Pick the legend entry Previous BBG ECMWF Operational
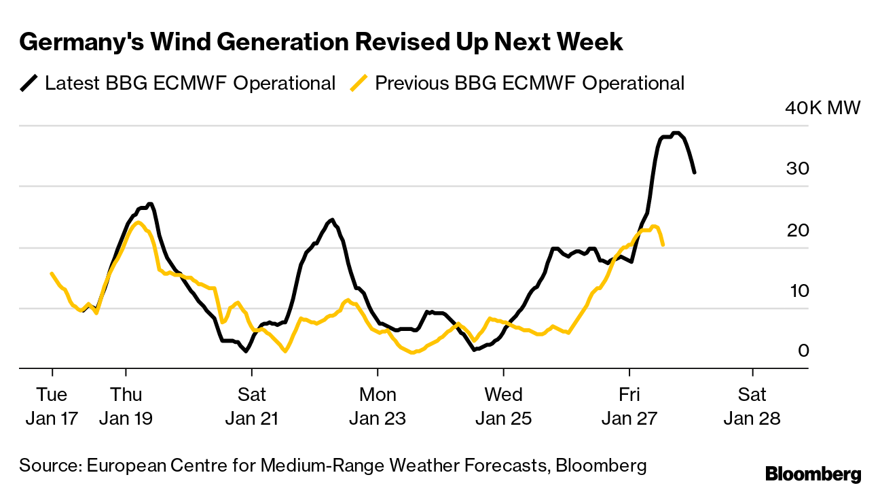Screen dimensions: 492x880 pos(530,84)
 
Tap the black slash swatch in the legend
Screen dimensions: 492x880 pos(29,84)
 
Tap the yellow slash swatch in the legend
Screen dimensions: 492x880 pos(359,84)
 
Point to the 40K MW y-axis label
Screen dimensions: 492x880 pos(822,108)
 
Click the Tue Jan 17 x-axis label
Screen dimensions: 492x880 pos(52,406)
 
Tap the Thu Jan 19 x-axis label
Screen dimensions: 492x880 pos(126,406)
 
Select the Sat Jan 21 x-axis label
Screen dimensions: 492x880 pos(252,406)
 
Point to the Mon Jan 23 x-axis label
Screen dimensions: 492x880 pos(378,406)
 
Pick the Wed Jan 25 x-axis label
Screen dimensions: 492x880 pos(504,406)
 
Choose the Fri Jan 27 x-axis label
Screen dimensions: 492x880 pos(629,406)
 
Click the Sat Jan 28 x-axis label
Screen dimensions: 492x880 pos(752,406)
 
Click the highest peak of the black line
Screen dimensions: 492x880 pos(676,133)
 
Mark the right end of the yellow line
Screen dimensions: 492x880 pos(663,245)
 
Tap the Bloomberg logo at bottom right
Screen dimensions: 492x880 pos(813,474)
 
